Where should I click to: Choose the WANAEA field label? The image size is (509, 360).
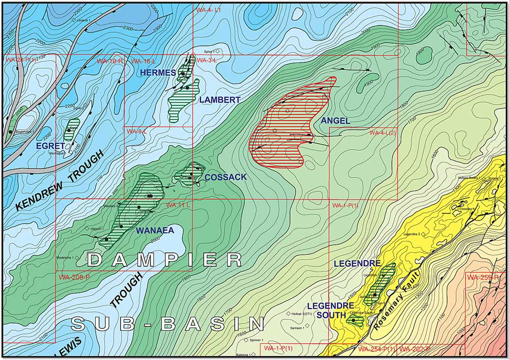click(155, 230)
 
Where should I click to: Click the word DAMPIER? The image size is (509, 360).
click(164, 260)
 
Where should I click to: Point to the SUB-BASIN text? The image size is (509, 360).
click(168, 323)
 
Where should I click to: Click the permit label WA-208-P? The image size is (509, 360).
click(74, 278)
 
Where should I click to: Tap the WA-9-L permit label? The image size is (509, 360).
click(137, 131)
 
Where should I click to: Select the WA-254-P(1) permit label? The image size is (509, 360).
click(377, 349)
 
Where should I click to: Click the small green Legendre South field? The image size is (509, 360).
click(355, 321)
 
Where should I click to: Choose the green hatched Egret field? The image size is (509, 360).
click(72, 129)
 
